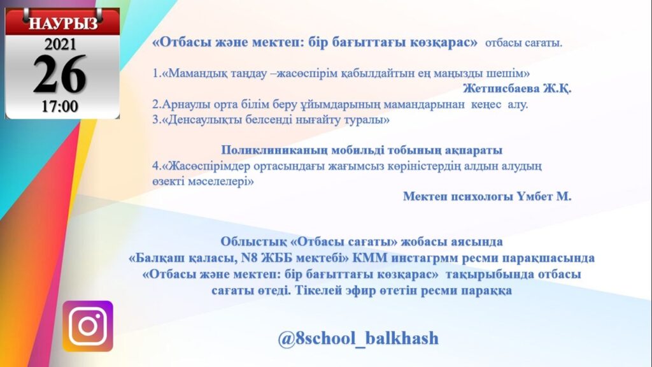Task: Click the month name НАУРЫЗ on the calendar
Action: (63, 23)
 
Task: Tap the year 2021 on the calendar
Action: (60, 44)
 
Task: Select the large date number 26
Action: (60, 75)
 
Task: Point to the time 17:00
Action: (60, 106)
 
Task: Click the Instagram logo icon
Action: (88, 326)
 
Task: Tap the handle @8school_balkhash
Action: (358, 338)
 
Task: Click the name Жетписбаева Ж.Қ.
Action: (517, 89)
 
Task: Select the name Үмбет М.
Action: (545, 196)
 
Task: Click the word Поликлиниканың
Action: (274, 150)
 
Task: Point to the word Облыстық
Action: (247, 241)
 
